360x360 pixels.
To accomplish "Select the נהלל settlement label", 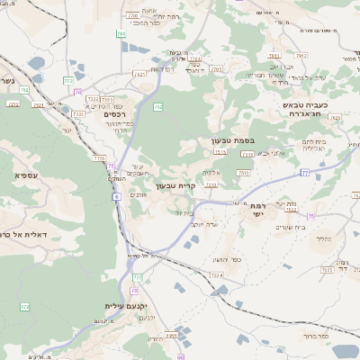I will [x=322, y=238].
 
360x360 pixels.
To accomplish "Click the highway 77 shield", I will [x=305, y=171].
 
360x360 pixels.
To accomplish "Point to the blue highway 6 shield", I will [x=116, y=184].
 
